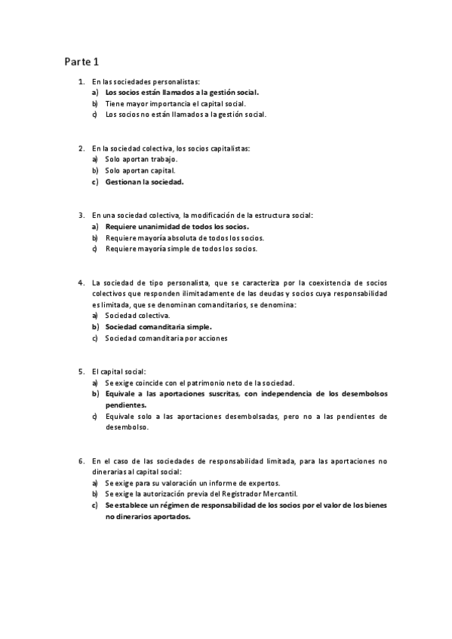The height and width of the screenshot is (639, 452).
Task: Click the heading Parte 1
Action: pos(81,61)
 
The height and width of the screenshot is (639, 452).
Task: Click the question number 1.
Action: pos(81,81)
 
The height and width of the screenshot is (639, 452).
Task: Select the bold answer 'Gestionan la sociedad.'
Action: pos(145,182)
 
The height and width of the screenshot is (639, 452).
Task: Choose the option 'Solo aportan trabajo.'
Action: pos(141,160)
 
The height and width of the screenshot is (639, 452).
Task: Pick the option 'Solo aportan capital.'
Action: pos(140,171)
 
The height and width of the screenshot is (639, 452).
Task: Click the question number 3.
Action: pos(81,215)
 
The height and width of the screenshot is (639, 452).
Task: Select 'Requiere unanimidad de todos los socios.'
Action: pos(177,226)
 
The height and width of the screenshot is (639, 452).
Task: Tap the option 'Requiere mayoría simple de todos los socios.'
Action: pos(181,249)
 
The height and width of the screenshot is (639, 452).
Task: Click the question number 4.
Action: pos(81,282)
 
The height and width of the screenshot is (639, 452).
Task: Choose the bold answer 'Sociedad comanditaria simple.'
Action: pos(158,327)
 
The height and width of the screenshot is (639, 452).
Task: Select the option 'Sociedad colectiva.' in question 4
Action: pos(138,316)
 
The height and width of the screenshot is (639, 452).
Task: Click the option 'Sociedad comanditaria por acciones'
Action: pos(167,338)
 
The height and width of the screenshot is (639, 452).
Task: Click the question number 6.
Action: pos(81,460)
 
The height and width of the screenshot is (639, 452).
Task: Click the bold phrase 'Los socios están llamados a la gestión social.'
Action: pos(182,92)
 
